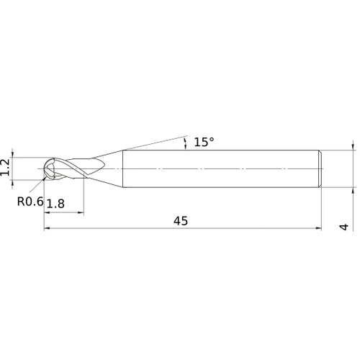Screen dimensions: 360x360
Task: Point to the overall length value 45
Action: point(180,221)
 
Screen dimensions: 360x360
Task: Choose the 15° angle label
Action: point(204,143)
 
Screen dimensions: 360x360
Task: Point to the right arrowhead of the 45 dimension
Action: point(318,229)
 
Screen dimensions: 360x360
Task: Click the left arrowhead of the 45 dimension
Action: point(48,229)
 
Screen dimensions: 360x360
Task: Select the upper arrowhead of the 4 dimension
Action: point(353,146)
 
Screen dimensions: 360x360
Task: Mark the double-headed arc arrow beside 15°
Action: point(186,142)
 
